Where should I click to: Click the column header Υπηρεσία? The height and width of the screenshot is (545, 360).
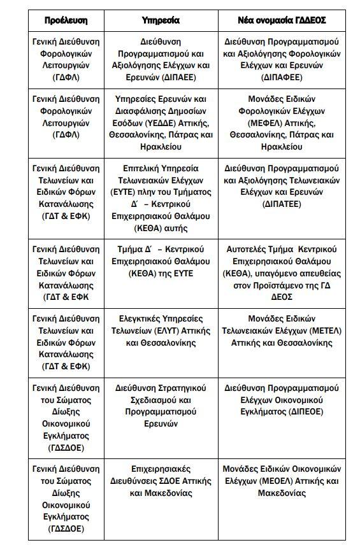coord(160,20)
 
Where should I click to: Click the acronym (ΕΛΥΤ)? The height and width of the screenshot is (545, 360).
coord(165,330)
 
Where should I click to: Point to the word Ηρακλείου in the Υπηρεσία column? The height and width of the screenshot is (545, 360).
coord(160,146)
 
